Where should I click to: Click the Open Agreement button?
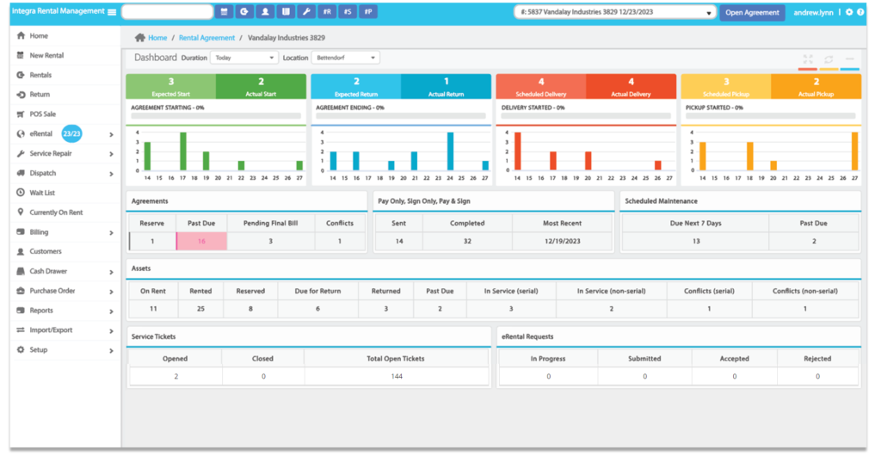click(x=752, y=12)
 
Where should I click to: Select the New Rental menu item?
click(x=46, y=55)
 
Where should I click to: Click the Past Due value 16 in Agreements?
click(x=201, y=242)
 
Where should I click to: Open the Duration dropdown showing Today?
click(x=243, y=58)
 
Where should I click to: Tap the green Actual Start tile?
click(x=261, y=86)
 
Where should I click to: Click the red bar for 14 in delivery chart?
click(x=517, y=151)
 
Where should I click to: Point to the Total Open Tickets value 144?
click(x=396, y=376)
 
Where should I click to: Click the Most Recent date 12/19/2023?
click(x=562, y=242)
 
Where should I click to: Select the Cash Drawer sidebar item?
click(x=48, y=271)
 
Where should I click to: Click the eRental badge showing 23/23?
click(x=71, y=133)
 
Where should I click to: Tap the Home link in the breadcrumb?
click(x=157, y=38)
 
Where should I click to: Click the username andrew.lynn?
click(x=813, y=12)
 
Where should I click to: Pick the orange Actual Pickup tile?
click(x=816, y=86)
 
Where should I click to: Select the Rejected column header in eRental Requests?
click(x=816, y=359)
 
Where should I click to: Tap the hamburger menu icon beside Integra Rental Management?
click(x=111, y=12)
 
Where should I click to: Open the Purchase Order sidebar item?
click(x=52, y=291)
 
